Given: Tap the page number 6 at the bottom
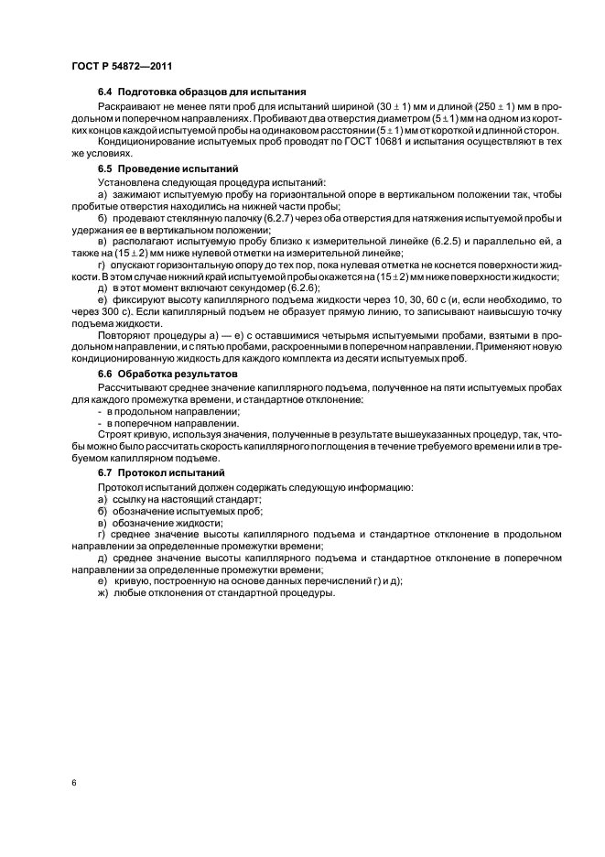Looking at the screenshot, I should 73,784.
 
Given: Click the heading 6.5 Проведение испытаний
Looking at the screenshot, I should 167,169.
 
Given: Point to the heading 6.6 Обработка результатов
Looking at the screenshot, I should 167,374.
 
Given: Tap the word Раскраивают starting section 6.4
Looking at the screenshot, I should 129,108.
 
